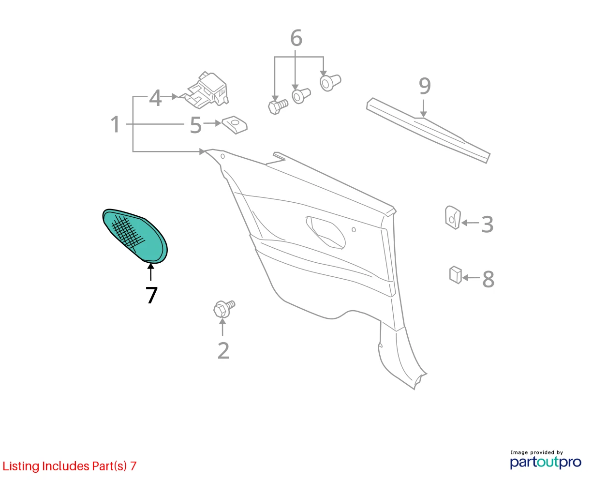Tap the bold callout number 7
coord(151,295)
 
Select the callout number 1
coord(115,124)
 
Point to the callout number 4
coord(155,98)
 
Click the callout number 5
coord(196,125)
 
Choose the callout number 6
coord(296,38)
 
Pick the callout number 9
coord(425,86)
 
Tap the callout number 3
coord(487,224)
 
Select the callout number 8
coord(488,279)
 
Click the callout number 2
coord(223,350)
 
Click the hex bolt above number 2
coord(224,309)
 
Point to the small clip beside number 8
coord(456,275)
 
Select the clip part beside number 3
coord(453,217)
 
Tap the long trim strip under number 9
coord(429,131)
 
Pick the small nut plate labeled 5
coord(235,125)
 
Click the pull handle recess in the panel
coord(326,232)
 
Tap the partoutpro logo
coord(545,463)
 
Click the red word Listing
coord(21,466)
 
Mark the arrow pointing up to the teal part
coord(150,272)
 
